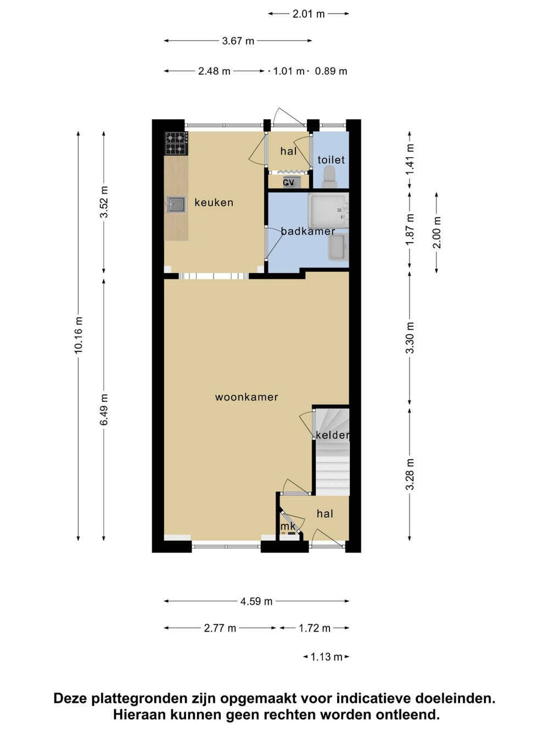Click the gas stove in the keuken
coord(176,143)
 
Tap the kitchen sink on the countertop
coord(176,204)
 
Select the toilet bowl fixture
coord(329,177)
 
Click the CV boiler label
coord(289,182)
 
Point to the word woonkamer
coord(247,397)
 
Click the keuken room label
coord(214,203)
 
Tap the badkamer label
coord(307,231)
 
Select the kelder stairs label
coord(332,435)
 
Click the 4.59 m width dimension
coord(256,601)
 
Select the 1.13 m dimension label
coord(326,657)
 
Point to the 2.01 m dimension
coord(309,14)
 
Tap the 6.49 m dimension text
coord(104,410)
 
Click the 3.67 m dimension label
coord(238,41)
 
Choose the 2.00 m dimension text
coord(436,232)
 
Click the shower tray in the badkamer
coord(328,210)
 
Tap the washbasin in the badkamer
coord(338,247)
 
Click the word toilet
coord(331,160)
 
